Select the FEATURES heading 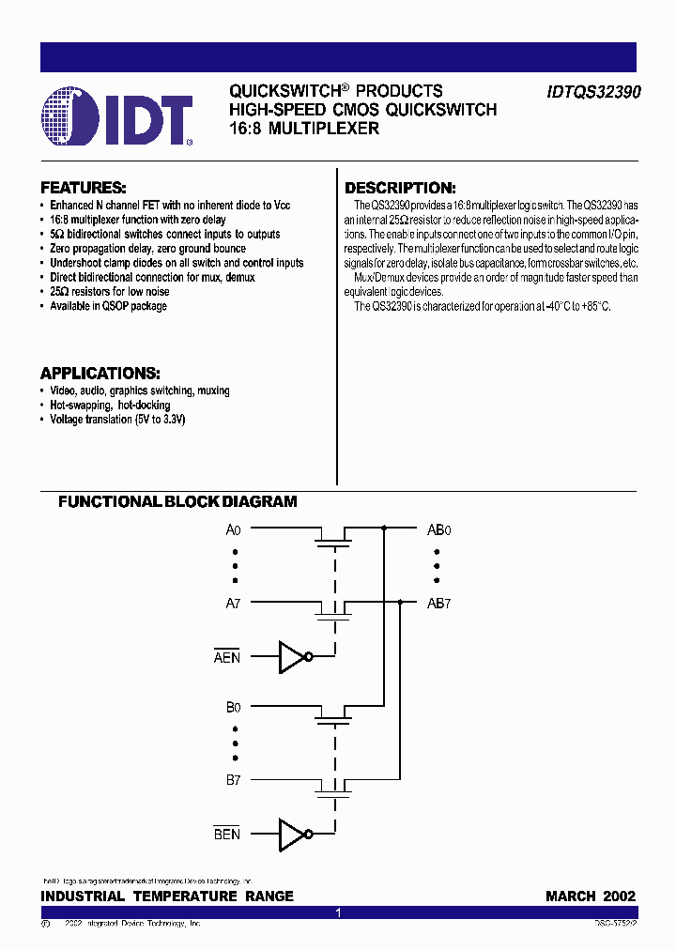(84, 187)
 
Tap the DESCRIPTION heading (400, 188)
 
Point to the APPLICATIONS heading (100, 372)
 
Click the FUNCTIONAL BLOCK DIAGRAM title (177, 502)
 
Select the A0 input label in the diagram (234, 529)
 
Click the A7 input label (234, 604)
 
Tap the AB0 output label (439, 529)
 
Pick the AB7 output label (439, 604)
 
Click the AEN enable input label (227, 657)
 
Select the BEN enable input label (227, 834)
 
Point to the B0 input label (234, 707)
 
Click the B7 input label (234, 780)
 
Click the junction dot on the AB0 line (384, 529)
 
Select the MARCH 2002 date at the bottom (591, 896)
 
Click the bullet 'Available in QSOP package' (108, 306)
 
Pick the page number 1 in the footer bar (338, 912)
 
